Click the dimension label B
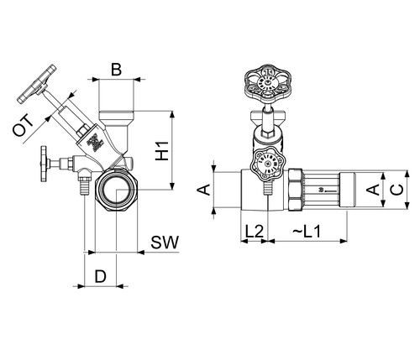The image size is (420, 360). click(116, 70)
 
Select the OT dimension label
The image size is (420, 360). click(24, 127)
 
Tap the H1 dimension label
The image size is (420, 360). click(162, 151)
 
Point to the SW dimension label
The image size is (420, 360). click(165, 243)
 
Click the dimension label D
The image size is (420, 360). click(101, 277)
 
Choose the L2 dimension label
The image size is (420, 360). click(255, 232)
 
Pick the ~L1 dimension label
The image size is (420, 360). click(307, 232)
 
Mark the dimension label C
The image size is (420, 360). click(397, 190)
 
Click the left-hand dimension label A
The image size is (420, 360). click(204, 190)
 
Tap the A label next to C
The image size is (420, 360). click(373, 190)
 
